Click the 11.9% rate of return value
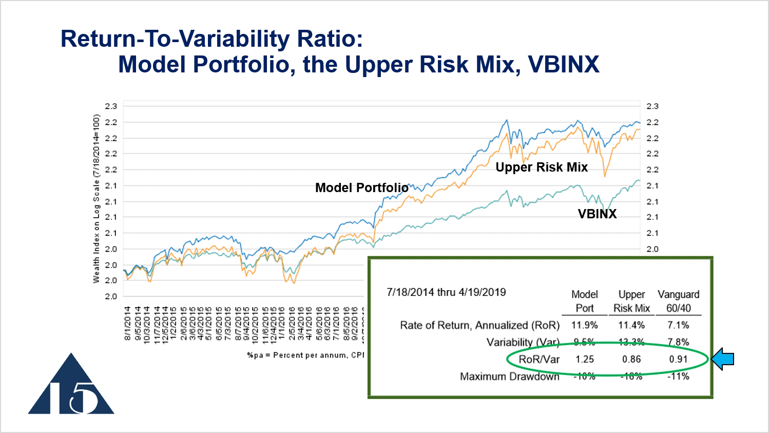point(584,325)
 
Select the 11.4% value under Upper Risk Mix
point(631,325)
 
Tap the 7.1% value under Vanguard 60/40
point(678,325)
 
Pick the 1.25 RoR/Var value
point(584,360)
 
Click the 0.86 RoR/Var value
point(631,360)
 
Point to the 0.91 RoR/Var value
point(678,360)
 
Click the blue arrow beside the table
point(723,359)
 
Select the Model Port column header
point(584,301)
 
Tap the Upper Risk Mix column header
point(631,301)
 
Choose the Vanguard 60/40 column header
point(678,301)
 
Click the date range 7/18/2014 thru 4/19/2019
point(446,292)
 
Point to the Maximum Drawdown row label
point(509,376)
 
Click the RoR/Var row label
point(539,360)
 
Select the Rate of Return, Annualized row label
point(479,325)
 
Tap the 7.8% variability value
point(678,342)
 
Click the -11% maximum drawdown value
point(678,376)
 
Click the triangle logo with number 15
point(71,384)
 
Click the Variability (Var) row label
point(523,342)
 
